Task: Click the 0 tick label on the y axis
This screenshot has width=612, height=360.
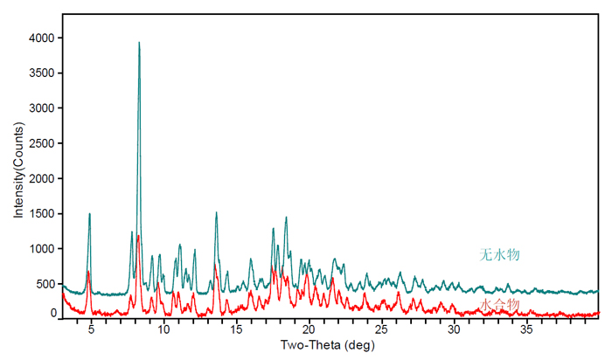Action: click(x=52, y=312)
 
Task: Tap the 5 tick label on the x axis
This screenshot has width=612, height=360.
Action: click(x=91, y=331)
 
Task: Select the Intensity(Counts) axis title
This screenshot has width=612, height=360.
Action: click(x=18, y=176)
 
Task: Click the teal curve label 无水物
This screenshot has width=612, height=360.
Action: click(x=500, y=255)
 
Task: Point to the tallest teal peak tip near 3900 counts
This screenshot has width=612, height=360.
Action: click(x=139, y=43)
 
